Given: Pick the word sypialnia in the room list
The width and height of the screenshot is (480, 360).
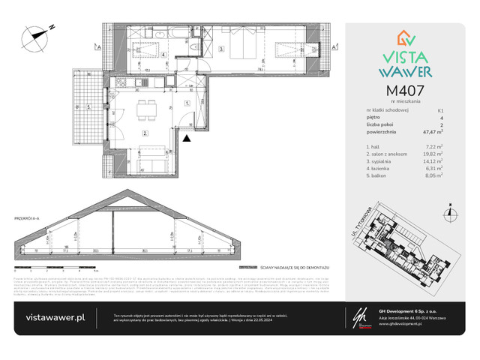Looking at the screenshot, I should (x=376, y=159).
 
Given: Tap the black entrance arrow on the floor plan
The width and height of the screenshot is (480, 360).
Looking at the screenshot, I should (x=187, y=136).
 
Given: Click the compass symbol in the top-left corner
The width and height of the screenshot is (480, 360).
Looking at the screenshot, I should (x=36, y=34).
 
